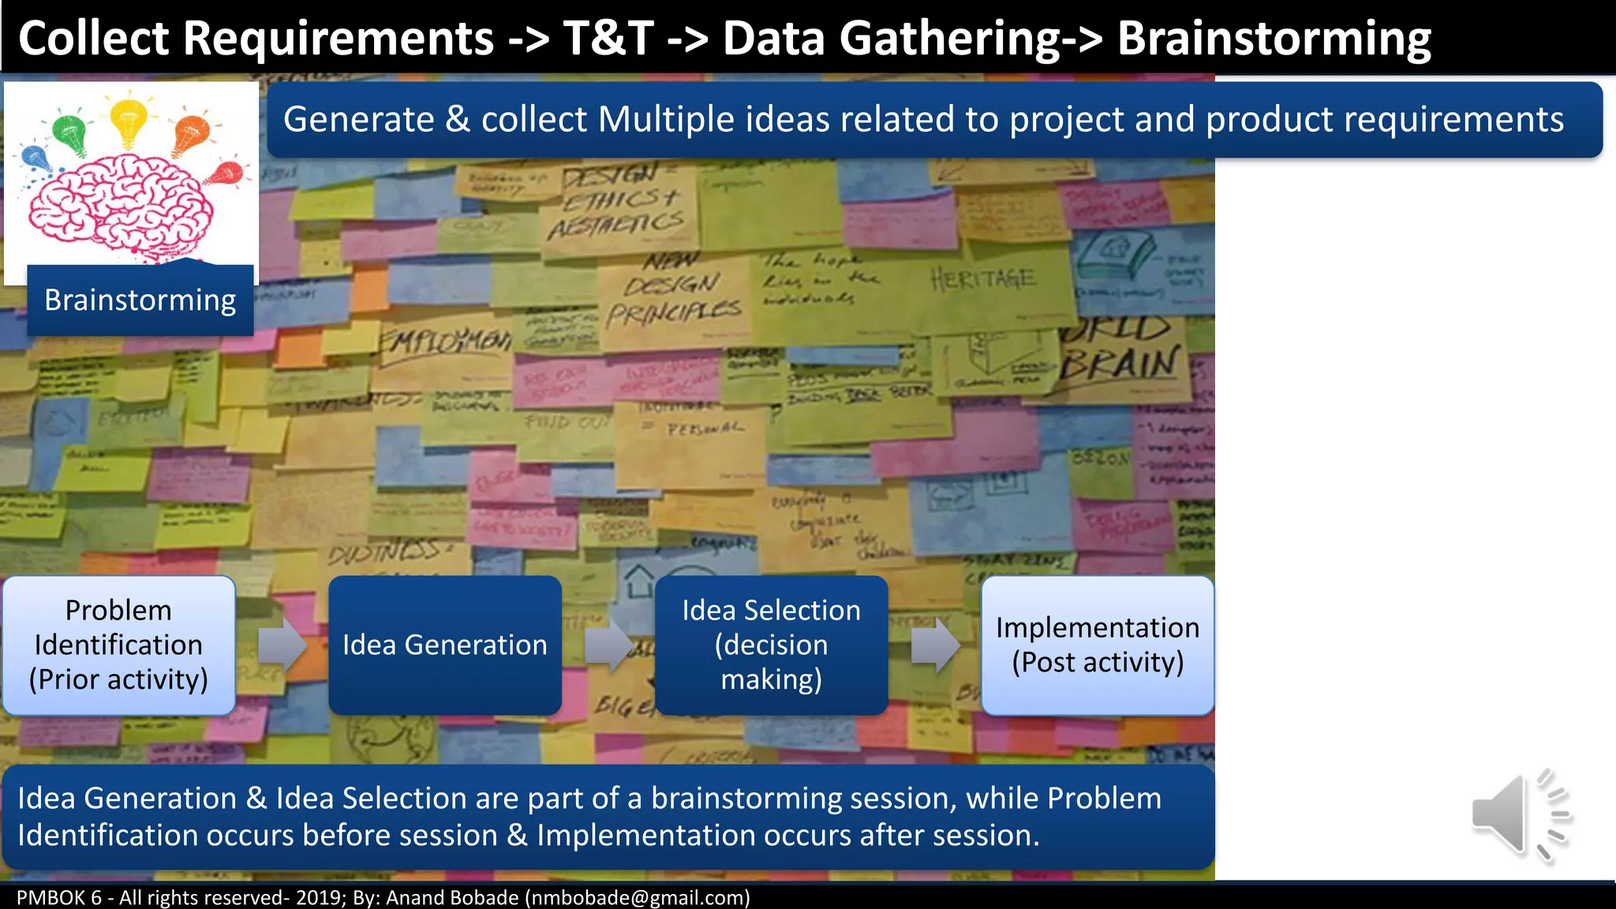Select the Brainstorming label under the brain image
point(140,301)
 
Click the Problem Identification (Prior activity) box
point(119,645)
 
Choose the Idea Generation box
point(445,645)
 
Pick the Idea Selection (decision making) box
point(771,645)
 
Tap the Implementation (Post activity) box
point(1097,645)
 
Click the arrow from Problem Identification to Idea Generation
point(282,645)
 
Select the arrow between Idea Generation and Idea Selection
point(608,645)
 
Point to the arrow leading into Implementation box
point(935,645)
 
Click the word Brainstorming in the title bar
point(1274,39)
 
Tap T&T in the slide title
point(608,39)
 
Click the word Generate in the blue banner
point(358,120)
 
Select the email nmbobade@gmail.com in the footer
point(638,898)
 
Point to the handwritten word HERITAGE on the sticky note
point(982,279)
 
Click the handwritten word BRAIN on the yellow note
point(1120,365)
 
